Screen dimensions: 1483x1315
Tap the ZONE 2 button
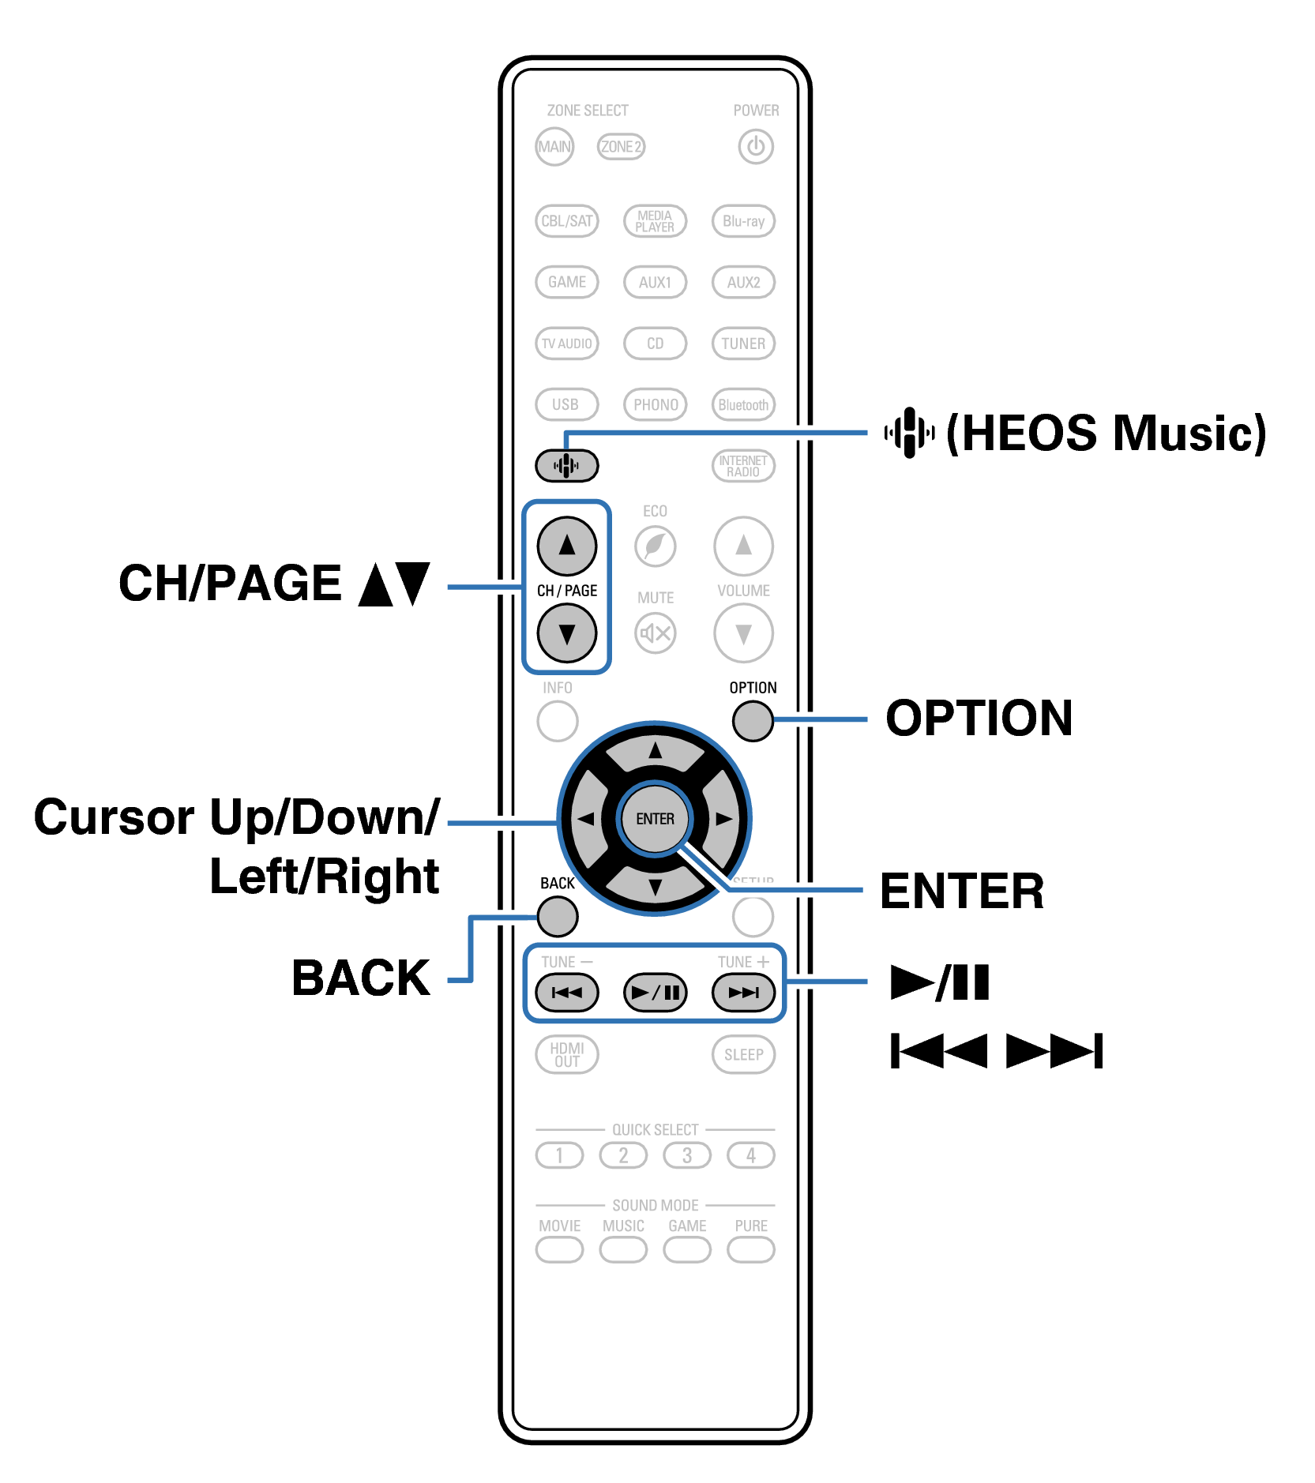pyautogui.click(x=621, y=147)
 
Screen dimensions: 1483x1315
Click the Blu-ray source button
pyautogui.click(x=743, y=221)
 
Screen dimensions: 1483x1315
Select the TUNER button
pyautogui.click(x=743, y=344)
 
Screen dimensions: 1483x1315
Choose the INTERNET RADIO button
pyautogui.click(x=743, y=466)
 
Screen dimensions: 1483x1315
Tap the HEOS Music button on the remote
pyautogui.click(x=566, y=466)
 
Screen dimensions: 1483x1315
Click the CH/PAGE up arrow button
pyautogui.click(x=566, y=546)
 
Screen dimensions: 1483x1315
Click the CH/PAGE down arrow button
pyautogui.click(x=566, y=633)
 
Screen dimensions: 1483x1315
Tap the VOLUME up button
pyautogui.click(x=743, y=546)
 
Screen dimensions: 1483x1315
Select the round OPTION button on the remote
pyautogui.click(x=753, y=720)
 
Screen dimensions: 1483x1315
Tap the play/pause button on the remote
pyautogui.click(x=655, y=993)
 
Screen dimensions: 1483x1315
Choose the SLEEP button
pyautogui.click(x=743, y=1055)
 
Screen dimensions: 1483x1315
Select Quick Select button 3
pyautogui.click(x=687, y=1156)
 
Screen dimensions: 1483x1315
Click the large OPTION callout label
pyautogui.click(x=979, y=719)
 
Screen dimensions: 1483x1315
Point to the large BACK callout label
pyautogui.click(x=361, y=978)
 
